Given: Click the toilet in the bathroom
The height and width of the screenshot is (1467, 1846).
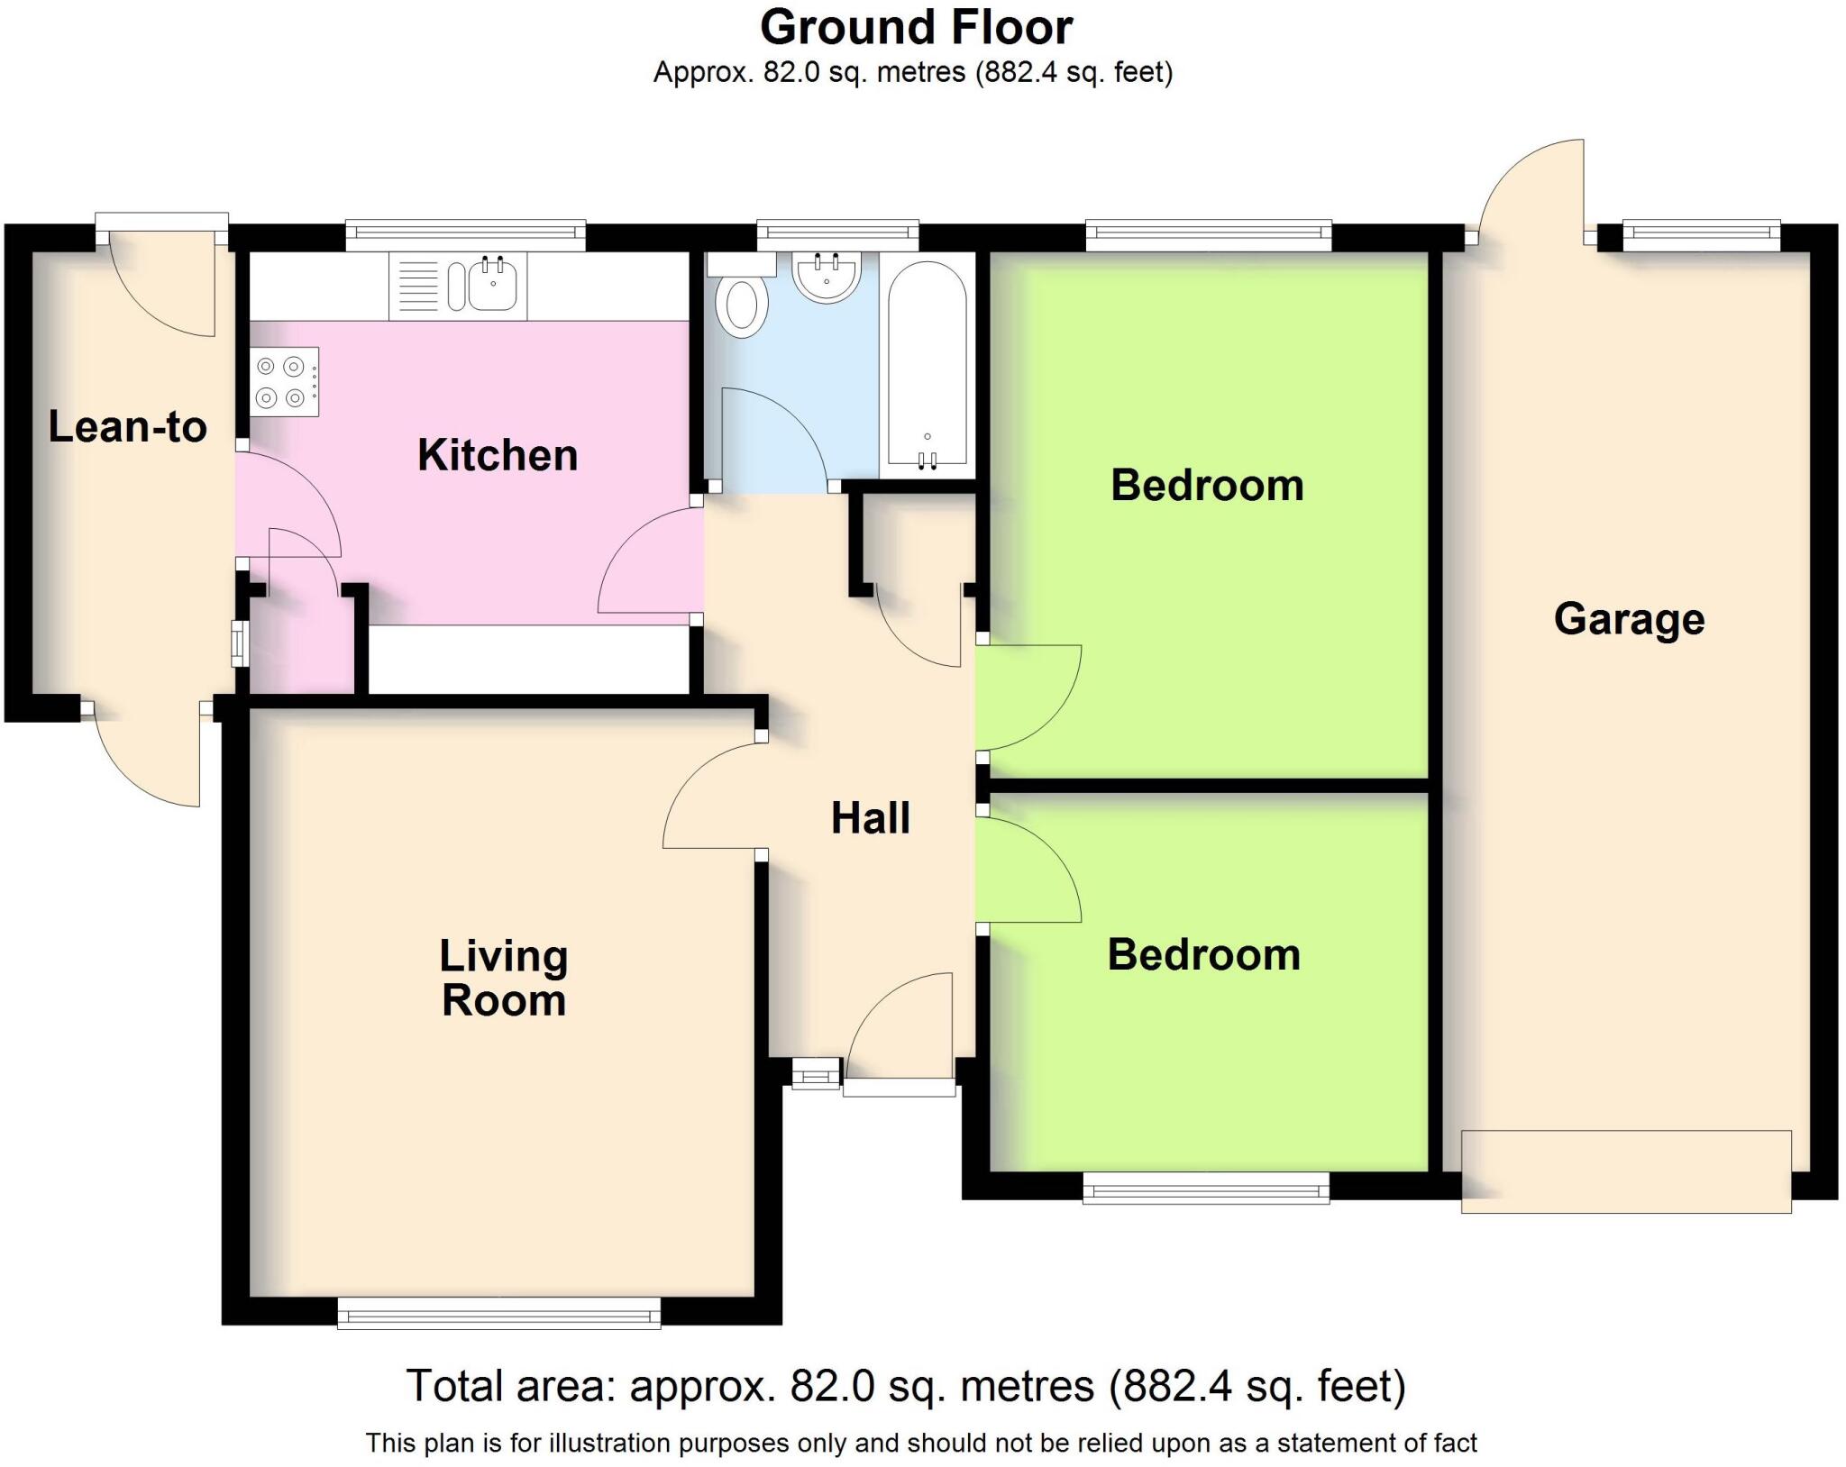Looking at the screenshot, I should (x=741, y=305).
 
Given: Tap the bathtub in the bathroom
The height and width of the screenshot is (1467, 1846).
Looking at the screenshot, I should (x=927, y=365).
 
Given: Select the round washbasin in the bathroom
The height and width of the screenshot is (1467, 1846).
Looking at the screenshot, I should (x=826, y=276).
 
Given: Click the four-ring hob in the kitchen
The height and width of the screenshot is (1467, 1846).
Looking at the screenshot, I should (x=283, y=382).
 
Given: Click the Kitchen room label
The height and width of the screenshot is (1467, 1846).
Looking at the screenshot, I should (x=498, y=455).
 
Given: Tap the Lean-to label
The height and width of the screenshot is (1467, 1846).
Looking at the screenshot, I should (x=127, y=427).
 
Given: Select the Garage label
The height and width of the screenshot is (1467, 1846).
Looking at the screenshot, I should (x=1629, y=620).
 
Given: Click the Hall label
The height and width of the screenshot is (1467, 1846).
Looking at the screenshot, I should (x=870, y=818).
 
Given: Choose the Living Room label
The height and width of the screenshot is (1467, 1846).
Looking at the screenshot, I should (x=503, y=978).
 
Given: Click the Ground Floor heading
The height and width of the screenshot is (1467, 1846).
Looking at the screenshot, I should (x=916, y=28).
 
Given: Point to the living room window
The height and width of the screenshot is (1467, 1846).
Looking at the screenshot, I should (x=498, y=1313).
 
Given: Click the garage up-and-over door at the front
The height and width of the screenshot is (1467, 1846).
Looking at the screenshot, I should (x=1625, y=1171).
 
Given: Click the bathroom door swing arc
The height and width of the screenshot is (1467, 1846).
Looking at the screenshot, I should (x=775, y=437).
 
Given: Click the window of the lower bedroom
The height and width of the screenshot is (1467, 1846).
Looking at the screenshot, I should (x=1205, y=1188).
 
